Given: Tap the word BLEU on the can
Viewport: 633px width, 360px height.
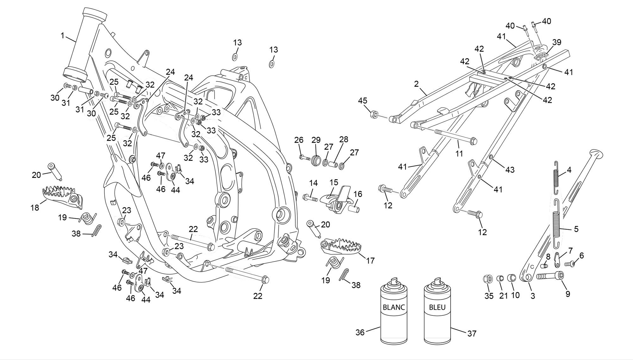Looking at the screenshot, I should pos(437,307).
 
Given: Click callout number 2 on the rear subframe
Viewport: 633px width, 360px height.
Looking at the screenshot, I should pos(416,84).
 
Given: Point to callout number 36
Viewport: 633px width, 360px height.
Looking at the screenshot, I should pos(360,332).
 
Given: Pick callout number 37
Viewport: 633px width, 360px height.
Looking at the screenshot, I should pos(471,333).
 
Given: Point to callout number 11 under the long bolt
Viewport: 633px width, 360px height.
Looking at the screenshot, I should pos(459,154).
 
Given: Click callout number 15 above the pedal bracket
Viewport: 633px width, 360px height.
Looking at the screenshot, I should pos(334,183).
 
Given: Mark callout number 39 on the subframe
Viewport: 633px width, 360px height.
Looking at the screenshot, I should pos(557,42).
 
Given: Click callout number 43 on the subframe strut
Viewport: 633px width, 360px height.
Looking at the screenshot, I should pos(510,170).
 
